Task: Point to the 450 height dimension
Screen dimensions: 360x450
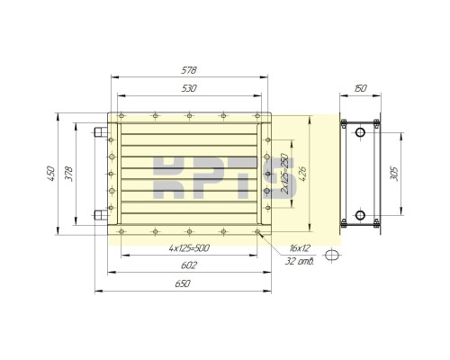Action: coord(53,171)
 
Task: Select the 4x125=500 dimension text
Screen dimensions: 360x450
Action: coord(189,247)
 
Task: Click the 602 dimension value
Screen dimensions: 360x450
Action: coord(189,265)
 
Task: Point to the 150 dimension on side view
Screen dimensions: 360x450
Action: coord(360,89)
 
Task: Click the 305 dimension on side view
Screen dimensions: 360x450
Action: coord(394,172)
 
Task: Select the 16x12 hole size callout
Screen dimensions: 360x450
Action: coord(300,247)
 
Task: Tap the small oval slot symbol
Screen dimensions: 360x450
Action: coord(332,255)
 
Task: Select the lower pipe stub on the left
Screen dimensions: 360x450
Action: coord(99,215)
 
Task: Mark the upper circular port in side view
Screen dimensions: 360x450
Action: coord(360,133)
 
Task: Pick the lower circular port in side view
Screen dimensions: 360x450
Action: coord(360,215)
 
